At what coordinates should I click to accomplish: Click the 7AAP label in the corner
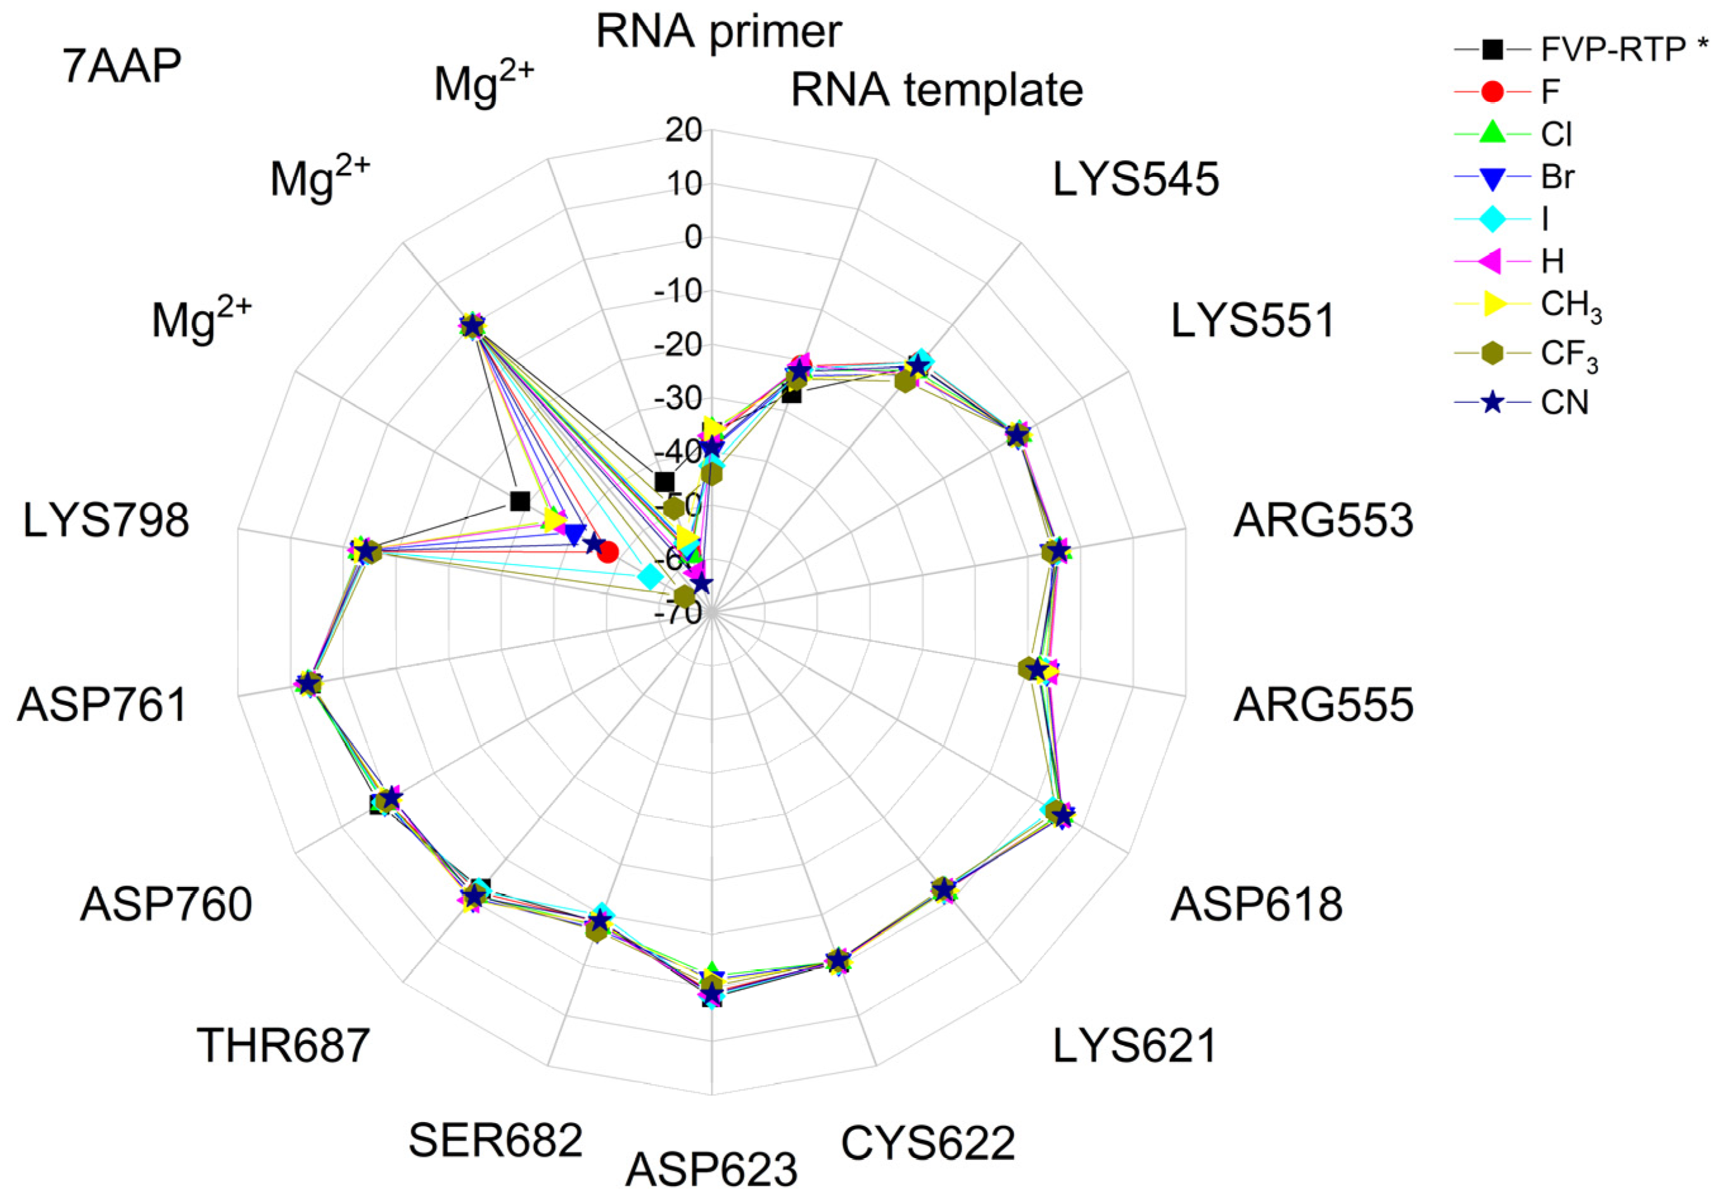coord(122,67)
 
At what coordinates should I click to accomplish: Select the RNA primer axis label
coord(718,32)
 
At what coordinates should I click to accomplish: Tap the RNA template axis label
coord(936,91)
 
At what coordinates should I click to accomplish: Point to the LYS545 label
coord(1135,180)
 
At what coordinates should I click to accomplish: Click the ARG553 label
coord(1323,520)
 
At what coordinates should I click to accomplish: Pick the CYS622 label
coord(927,1143)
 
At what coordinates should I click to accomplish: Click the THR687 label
coord(283,1045)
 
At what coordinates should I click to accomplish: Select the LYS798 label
coord(106,520)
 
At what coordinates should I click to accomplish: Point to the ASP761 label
coord(103,704)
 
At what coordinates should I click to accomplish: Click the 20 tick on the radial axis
coord(684,132)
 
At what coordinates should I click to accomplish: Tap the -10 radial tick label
coord(678,292)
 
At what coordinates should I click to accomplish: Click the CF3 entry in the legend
coord(1570,354)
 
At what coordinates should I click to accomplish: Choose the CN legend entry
coord(1564,403)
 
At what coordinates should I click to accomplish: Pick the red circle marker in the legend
coord(1492,92)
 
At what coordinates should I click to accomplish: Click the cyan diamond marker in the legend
coord(1492,220)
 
